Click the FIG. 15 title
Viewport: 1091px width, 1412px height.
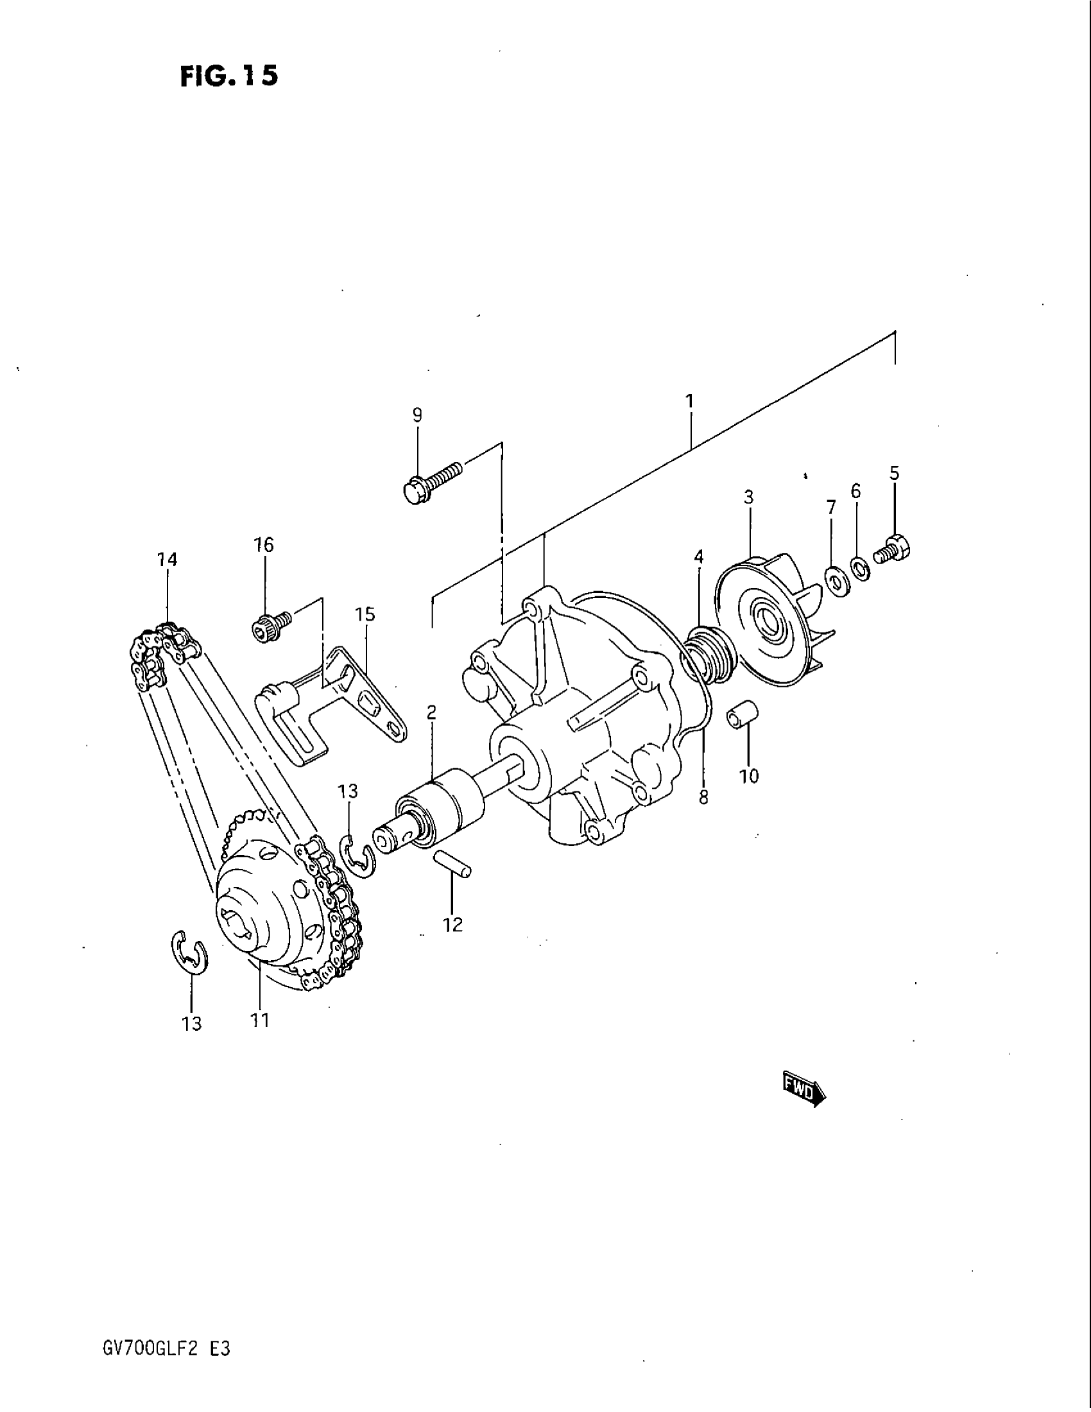coord(230,76)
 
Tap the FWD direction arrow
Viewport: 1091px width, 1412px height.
coord(804,1092)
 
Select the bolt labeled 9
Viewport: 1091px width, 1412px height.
coord(432,483)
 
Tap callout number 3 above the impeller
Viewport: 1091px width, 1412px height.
coord(748,497)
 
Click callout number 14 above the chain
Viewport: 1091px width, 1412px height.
coord(167,559)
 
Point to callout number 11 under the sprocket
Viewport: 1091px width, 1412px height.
coord(260,1020)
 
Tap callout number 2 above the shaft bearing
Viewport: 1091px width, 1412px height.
coord(431,712)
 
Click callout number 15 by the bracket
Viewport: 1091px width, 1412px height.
coord(365,614)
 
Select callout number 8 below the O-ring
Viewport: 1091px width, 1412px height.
coord(703,798)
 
